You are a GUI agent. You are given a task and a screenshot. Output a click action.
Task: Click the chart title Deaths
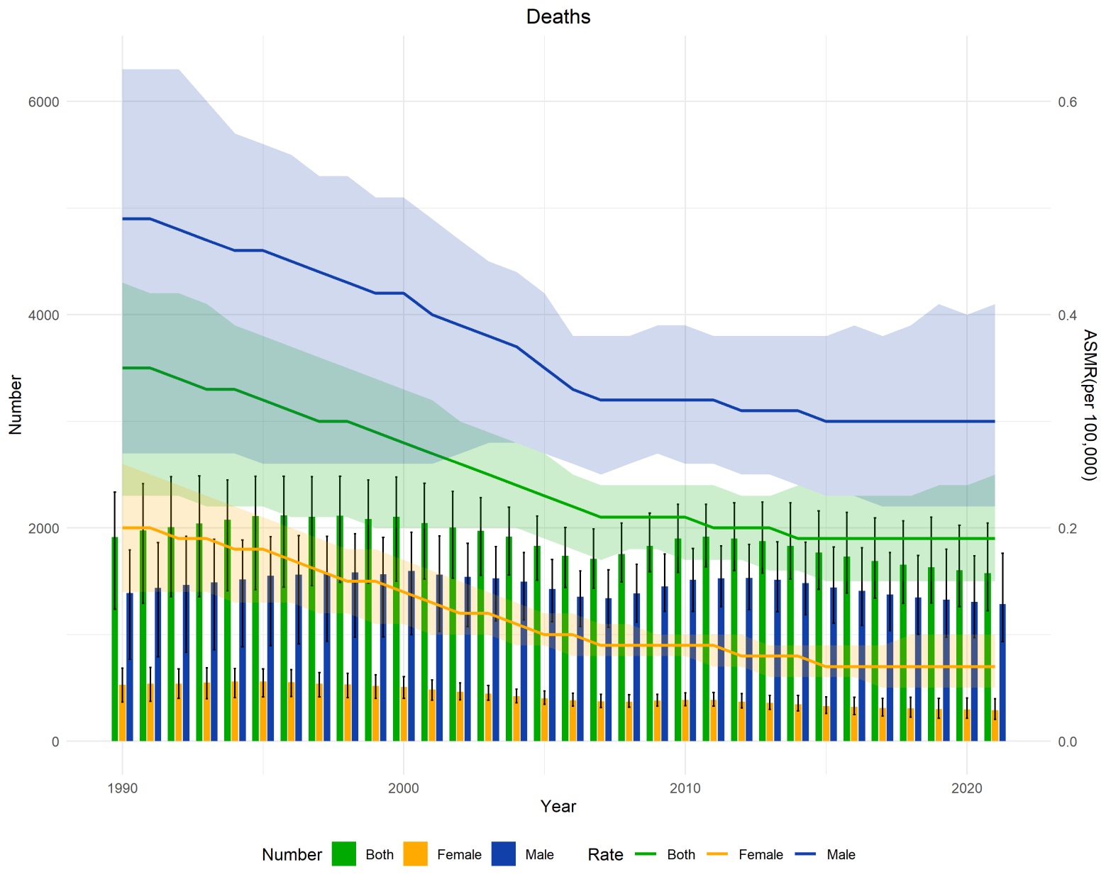pyautogui.click(x=558, y=16)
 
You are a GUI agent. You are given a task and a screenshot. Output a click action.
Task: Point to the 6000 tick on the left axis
pyautogui.click(x=43, y=102)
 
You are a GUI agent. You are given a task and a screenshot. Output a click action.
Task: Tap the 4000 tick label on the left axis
pyautogui.click(x=43, y=315)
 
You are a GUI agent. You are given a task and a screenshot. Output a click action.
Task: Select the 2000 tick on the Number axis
pyautogui.click(x=43, y=528)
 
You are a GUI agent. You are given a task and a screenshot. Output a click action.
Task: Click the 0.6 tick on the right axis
pyautogui.click(x=1068, y=102)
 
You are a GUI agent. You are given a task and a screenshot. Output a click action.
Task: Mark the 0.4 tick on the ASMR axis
pyautogui.click(x=1068, y=315)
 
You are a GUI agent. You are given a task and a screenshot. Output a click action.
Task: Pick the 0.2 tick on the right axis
pyautogui.click(x=1068, y=528)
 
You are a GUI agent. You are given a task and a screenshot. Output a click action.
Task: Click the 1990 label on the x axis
pyautogui.click(x=122, y=788)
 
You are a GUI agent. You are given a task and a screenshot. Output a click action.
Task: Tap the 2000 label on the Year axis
pyautogui.click(x=403, y=788)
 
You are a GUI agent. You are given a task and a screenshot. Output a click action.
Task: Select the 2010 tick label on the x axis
pyautogui.click(x=685, y=788)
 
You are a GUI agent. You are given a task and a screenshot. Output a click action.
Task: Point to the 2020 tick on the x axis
pyautogui.click(x=966, y=788)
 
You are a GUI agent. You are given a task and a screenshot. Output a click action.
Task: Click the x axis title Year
pyautogui.click(x=558, y=806)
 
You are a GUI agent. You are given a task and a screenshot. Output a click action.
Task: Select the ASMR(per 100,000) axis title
pyautogui.click(x=1089, y=404)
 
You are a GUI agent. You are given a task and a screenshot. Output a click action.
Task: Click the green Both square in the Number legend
pyautogui.click(x=344, y=854)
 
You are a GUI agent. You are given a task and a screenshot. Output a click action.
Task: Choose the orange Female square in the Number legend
pyautogui.click(x=416, y=854)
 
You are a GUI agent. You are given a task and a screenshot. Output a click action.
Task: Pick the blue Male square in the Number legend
pyautogui.click(x=504, y=854)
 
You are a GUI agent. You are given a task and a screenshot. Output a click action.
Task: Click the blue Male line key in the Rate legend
pyautogui.click(x=805, y=854)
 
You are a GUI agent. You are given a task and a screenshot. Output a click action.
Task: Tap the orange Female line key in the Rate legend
pyautogui.click(x=717, y=854)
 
